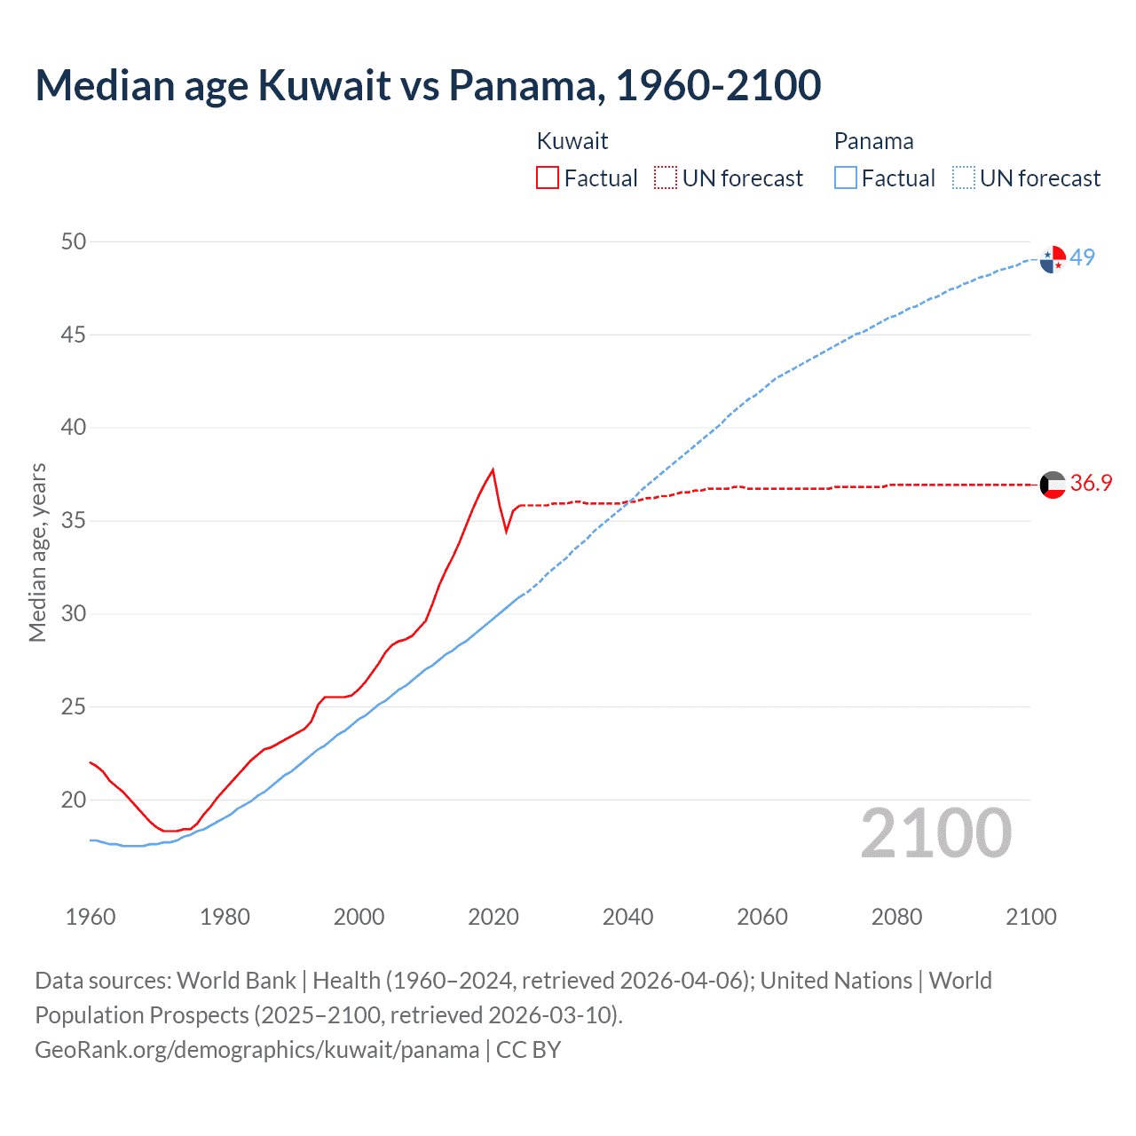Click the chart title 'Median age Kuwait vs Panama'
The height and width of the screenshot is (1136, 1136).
point(428,85)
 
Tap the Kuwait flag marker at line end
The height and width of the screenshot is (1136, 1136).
point(1053,485)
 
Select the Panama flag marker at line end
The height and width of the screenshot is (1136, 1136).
point(1053,259)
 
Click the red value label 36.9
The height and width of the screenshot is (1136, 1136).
point(1091,483)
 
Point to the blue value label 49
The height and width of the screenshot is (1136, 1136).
point(1082,257)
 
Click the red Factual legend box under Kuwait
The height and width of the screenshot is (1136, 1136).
point(548,178)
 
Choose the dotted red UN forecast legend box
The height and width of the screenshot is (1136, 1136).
point(666,178)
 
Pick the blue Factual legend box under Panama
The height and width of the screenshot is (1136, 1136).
point(846,178)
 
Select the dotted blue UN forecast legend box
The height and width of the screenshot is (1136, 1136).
point(964,178)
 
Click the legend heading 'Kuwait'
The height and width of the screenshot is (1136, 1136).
point(572,141)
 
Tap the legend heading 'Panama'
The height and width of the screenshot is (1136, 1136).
point(873,141)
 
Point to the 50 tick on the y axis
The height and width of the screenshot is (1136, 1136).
point(74,241)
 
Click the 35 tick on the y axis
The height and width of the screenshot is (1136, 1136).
point(74,521)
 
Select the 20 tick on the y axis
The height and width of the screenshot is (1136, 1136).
point(74,800)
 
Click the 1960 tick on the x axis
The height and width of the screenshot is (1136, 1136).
point(91,917)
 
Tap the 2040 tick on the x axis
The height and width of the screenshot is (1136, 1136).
point(627,917)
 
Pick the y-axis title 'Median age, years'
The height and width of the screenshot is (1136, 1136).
point(37,552)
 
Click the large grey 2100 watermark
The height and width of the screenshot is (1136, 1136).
point(936,832)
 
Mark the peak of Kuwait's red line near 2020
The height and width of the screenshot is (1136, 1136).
point(493,469)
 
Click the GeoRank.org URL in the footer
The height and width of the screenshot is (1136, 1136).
point(256,1050)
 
